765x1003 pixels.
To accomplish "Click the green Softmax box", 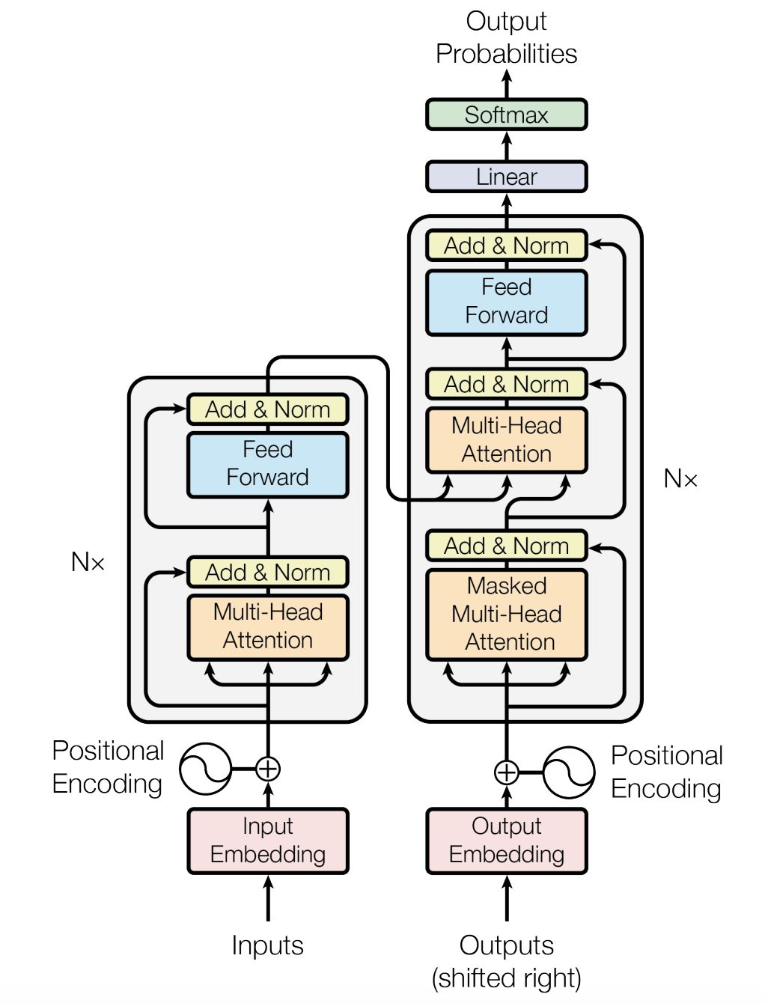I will coord(506,115).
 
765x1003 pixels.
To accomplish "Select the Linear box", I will coord(506,177).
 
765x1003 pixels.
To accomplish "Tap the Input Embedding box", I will coord(267,841).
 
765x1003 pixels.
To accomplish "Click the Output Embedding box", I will coord(506,841).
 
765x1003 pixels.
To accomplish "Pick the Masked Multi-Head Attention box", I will coord(506,614).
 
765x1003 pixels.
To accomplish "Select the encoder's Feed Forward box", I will coord(267,464).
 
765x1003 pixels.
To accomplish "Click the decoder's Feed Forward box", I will coord(506,302).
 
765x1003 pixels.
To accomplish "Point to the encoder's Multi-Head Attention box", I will coord(267,627).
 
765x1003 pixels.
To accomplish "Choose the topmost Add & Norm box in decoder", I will coord(506,246).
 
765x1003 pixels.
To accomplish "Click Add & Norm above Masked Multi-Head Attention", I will coord(506,546).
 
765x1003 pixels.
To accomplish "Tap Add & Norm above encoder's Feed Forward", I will coord(267,409).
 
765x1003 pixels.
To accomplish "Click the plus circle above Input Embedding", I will coord(267,769).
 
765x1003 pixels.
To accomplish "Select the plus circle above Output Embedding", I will coord(506,772).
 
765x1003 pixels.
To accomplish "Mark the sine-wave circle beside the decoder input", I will coord(569,772).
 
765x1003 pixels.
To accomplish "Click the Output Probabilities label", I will coord(506,37).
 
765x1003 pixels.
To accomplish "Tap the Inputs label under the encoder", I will coord(267,945).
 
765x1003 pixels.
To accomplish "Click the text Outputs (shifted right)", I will coord(506,962).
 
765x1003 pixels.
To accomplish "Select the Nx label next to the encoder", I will coord(88,562).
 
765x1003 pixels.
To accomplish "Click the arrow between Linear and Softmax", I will coord(507,146).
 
